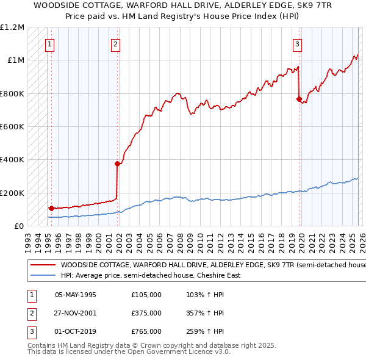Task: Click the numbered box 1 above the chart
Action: tap(49, 43)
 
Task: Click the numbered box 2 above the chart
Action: tap(115, 43)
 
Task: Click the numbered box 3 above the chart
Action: tap(296, 43)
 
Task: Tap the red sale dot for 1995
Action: tap(51, 208)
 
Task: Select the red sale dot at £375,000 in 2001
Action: tap(117, 164)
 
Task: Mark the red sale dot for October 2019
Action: tap(299, 99)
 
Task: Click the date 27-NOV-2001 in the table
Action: tap(76, 313)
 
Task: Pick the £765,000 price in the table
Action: tap(146, 331)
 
